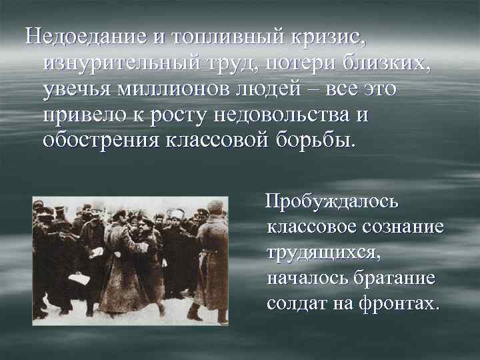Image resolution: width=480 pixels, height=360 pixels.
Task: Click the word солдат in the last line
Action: pos(299,304)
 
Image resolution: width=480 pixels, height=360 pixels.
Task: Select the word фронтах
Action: pos(399,304)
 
